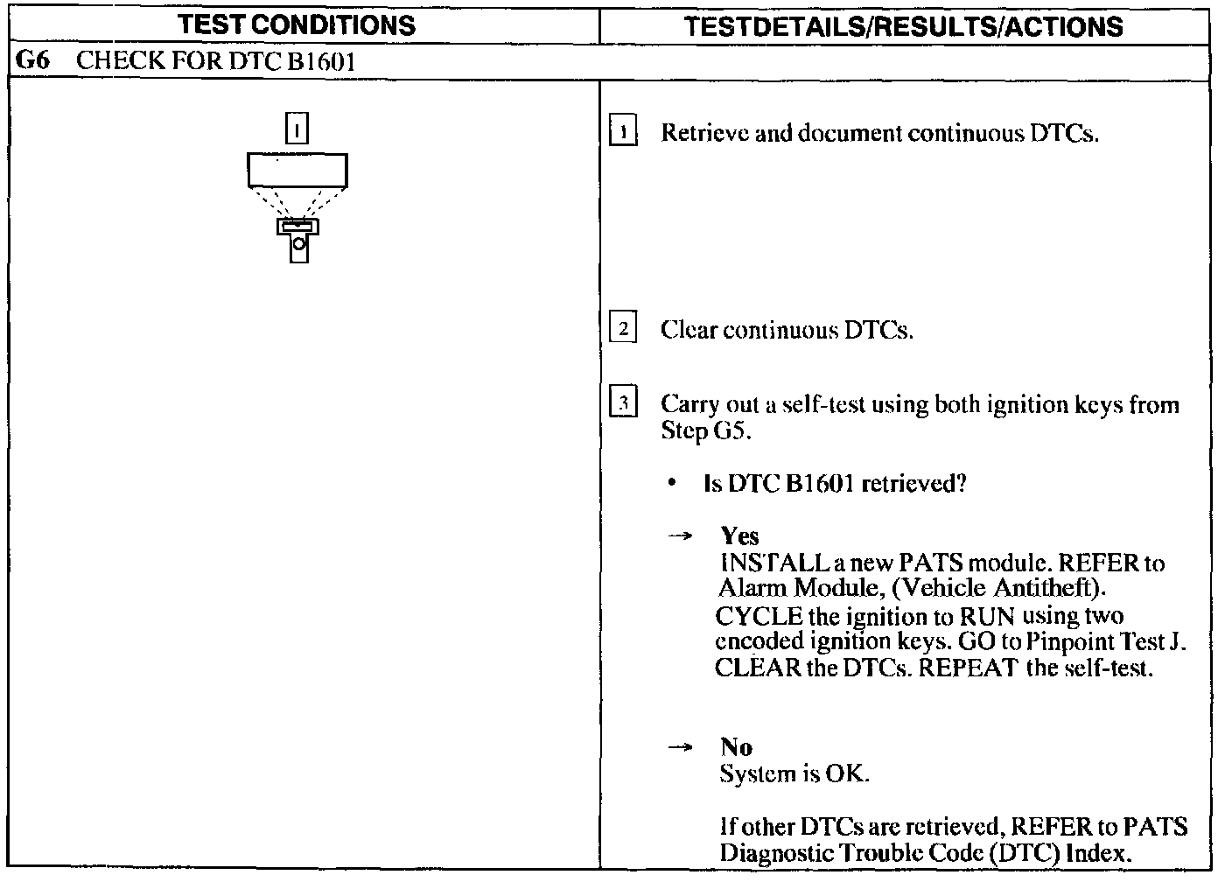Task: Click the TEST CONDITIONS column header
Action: (x=297, y=25)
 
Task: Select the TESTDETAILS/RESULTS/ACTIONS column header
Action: (x=903, y=26)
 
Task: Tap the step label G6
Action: (x=31, y=61)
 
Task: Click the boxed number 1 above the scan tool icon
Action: (x=297, y=129)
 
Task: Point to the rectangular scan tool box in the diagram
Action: (x=297, y=170)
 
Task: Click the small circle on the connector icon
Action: (x=299, y=244)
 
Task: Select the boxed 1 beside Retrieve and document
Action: (x=622, y=132)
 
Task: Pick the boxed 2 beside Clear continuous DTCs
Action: (x=622, y=329)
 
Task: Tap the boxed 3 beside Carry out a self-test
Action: (x=622, y=403)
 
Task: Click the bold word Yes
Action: (x=739, y=535)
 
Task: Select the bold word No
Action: (x=736, y=746)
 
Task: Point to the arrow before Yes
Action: (x=680, y=535)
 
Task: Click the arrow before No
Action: (x=680, y=746)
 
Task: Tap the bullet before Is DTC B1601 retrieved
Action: (x=672, y=483)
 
